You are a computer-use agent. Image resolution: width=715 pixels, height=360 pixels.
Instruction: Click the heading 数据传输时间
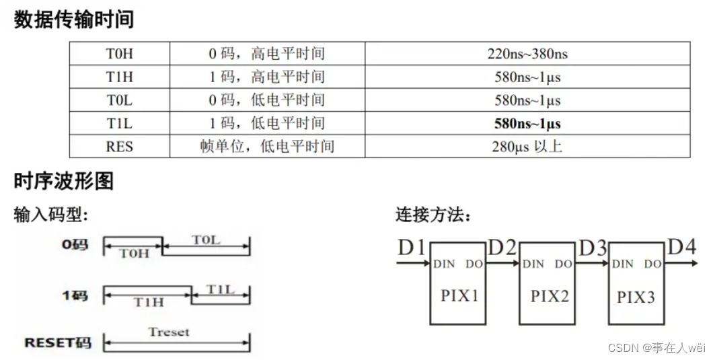coord(74,19)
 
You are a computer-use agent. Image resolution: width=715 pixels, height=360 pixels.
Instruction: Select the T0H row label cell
coord(120,54)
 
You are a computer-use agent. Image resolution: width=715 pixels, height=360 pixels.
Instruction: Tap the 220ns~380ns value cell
coord(527,54)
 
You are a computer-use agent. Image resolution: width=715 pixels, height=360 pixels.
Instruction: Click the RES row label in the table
coord(120,146)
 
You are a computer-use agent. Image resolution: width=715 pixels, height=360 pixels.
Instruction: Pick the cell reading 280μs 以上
coord(527,146)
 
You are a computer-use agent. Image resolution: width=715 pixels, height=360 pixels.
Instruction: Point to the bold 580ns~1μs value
coord(527,123)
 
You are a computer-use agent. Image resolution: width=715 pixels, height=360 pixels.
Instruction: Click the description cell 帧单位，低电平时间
coord(267,146)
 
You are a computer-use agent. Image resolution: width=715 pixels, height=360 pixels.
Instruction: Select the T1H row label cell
coord(120,77)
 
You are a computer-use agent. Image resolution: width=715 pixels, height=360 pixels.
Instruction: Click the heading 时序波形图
coord(64,181)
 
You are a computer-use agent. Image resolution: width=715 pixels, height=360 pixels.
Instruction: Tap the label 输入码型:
coord(51,215)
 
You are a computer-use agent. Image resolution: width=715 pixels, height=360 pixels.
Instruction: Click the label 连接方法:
coord(433,215)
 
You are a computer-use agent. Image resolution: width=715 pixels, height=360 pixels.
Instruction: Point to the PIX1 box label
coord(460,295)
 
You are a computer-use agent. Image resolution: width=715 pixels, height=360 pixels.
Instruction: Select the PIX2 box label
coord(550,295)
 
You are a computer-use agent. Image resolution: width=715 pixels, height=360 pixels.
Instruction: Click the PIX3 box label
coord(636,295)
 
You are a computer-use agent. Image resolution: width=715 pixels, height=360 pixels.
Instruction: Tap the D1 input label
coord(412,248)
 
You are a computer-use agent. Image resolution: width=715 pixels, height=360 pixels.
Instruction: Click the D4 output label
coord(681,247)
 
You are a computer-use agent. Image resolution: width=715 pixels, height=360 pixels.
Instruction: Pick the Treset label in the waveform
coord(169,332)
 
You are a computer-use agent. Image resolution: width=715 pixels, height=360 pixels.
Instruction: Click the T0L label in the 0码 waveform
coord(206,240)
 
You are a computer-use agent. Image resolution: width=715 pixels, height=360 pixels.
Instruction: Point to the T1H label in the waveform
coord(148,302)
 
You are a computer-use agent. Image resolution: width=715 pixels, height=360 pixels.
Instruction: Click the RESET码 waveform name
coord(58,343)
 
